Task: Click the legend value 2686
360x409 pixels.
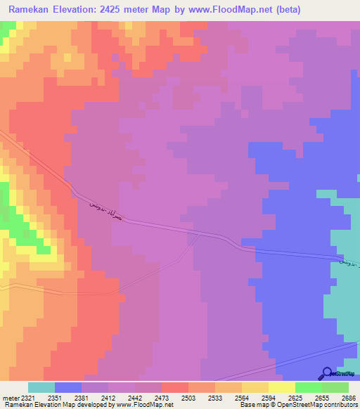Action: tap(349, 398)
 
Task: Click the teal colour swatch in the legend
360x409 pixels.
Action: tap(41, 387)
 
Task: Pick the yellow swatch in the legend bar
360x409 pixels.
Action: tap(281, 387)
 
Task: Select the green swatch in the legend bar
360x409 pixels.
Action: tap(308, 387)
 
